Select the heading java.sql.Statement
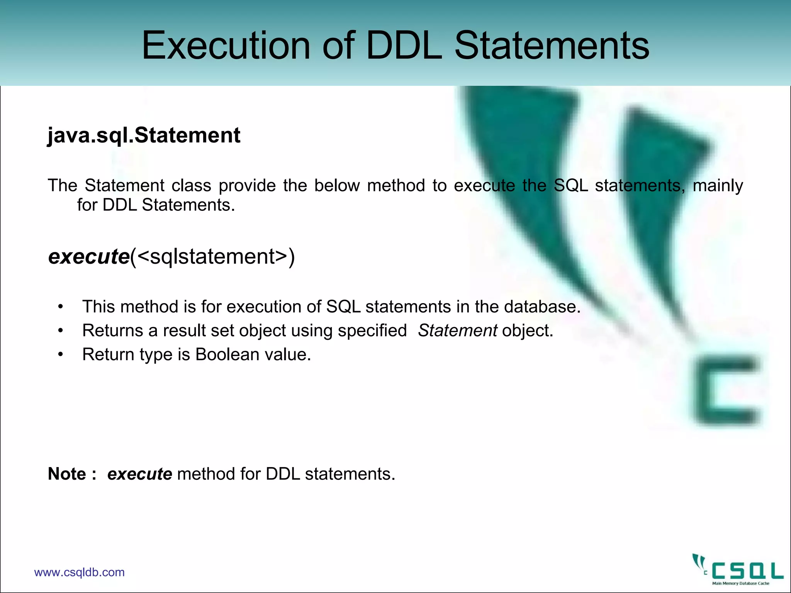coord(144,135)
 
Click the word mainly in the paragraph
coord(718,185)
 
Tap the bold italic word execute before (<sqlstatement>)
coord(89,256)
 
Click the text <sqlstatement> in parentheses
coord(212,256)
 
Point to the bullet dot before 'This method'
coord(60,307)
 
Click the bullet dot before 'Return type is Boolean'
coord(60,355)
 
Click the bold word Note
coord(67,474)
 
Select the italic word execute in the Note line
coord(139,474)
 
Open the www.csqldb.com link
coord(79,572)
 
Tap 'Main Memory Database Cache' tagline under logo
coord(740,583)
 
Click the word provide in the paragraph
coord(247,185)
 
